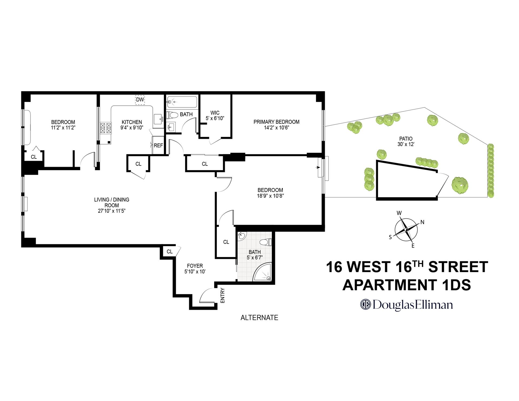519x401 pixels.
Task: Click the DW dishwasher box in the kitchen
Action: point(140,100)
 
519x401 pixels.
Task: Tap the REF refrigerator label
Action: point(158,146)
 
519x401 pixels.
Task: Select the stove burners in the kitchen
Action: point(106,128)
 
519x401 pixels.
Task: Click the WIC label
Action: point(215,113)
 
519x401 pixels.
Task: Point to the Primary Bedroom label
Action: point(276,122)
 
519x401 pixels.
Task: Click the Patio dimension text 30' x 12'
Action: point(406,145)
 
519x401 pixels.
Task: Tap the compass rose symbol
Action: point(406,230)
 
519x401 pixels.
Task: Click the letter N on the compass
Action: point(422,222)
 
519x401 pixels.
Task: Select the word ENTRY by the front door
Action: point(222,295)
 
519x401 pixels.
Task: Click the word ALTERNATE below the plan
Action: point(259,318)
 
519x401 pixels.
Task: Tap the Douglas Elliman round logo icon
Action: point(365,305)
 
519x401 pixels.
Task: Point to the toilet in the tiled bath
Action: point(266,242)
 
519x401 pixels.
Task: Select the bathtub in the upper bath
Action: point(182,102)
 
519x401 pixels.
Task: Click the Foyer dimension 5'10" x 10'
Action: point(195,272)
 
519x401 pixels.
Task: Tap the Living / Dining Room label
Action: point(112,202)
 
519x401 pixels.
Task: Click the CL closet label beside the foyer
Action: point(169,252)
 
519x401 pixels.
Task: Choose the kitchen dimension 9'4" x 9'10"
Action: point(132,128)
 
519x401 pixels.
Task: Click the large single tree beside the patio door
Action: point(460,185)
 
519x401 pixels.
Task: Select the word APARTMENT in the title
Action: point(390,285)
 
